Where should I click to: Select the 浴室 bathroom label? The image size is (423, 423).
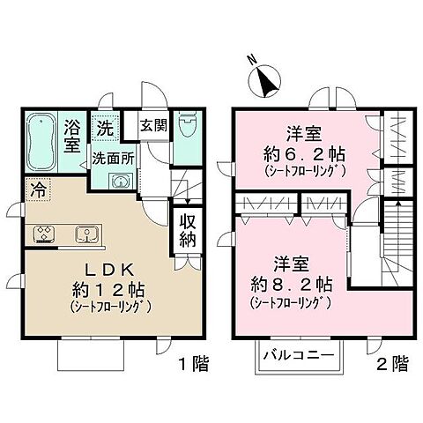[x=74, y=137]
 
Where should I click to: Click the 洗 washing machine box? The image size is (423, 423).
[x=104, y=126]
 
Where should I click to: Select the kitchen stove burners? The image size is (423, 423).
[x=45, y=234]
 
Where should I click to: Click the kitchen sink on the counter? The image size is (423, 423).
[x=86, y=234]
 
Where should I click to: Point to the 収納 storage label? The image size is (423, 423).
[x=189, y=230]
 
